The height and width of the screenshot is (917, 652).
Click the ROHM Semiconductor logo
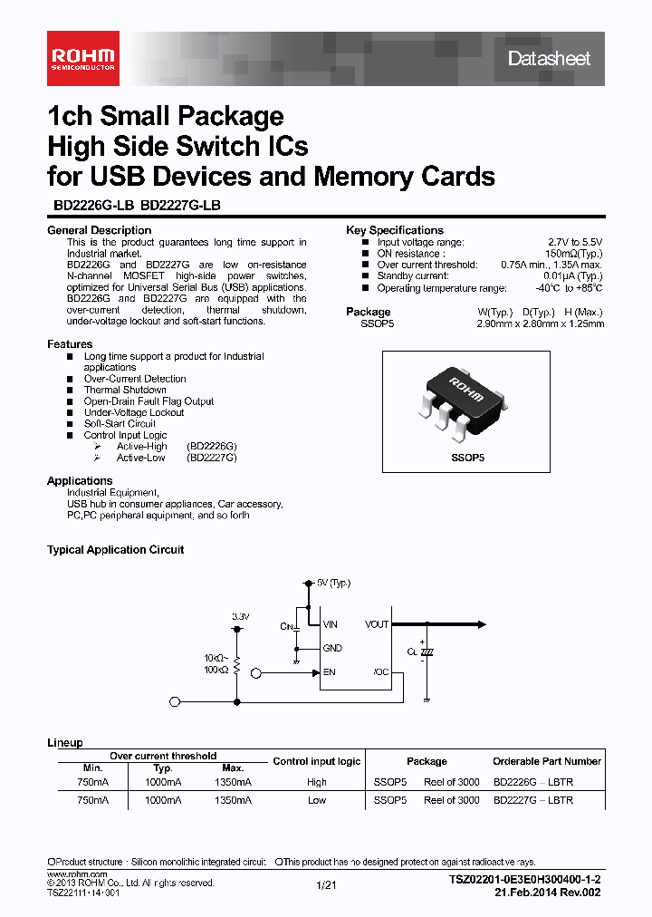pos(81,58)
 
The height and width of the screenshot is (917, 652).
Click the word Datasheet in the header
pos(549,59)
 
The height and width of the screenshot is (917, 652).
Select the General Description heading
pos(99,230)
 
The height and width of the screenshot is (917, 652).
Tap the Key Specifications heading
pos(395,230)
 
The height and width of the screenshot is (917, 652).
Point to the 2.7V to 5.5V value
pos(572,242)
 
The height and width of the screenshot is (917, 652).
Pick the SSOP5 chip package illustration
pos(466,400)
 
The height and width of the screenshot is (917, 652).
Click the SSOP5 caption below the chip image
pos(468,458)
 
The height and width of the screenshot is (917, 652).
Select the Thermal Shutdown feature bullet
pos(125,390)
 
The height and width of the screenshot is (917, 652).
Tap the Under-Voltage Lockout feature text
pos(134,412)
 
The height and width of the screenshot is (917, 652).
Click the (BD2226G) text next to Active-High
pos(211,447)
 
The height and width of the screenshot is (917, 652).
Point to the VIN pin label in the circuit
pos(331,624)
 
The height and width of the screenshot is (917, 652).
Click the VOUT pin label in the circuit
pos(376,624)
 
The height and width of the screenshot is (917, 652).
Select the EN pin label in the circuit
pos(329,672)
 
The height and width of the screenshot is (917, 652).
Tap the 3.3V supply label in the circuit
pos(240,616)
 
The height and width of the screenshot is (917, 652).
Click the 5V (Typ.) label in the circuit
pos(333,582)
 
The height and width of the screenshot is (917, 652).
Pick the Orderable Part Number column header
pos(547,761)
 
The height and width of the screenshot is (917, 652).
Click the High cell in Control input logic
pos(317,781)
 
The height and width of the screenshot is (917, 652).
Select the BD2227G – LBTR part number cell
pos(534,800)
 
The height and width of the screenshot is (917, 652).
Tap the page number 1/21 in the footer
pos(326,886)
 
